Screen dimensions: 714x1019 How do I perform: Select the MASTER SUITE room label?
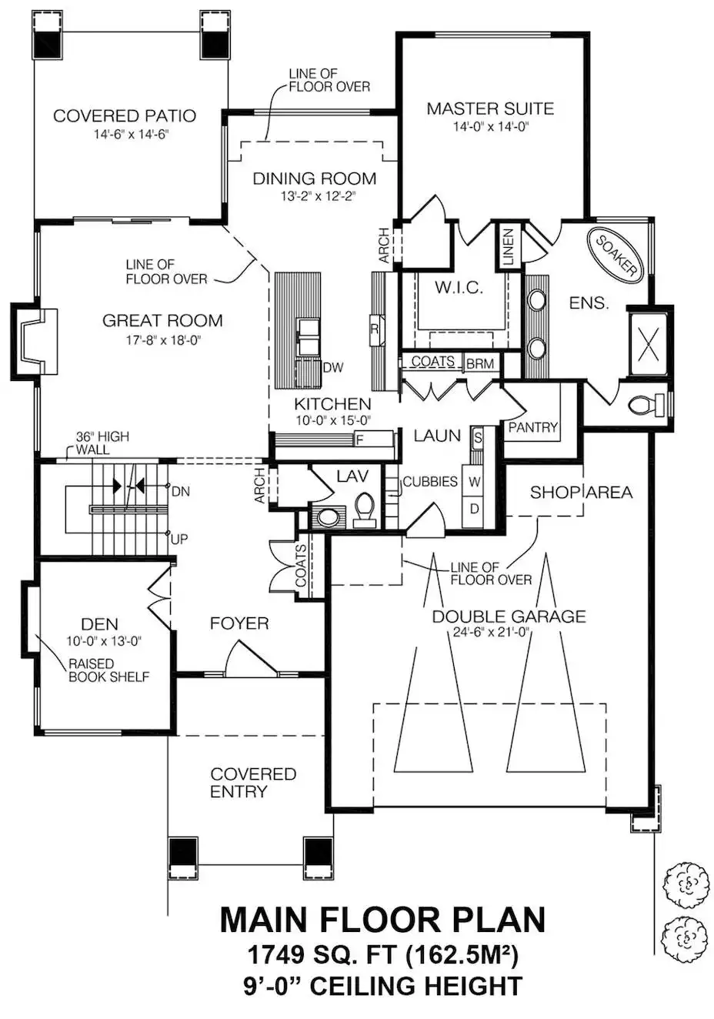pyautogui.click(x=490, y=109)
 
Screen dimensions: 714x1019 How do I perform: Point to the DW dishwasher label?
pyautogui.click(x=333, y=367)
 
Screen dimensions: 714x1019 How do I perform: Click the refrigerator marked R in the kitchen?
pyautogui.click(x=376, y=329)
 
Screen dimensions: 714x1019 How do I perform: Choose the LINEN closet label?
pyautogui.click(x=508, y=247)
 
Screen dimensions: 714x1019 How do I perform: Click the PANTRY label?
pyautogui.click(x=533, y=426)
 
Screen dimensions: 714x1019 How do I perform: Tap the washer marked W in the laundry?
pyautogui.click(x=474, y=481)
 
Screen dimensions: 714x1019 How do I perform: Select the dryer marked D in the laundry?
pyautogui.click(x=474, y=509)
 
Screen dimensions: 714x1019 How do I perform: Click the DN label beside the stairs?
pyautogui.click(x=181, y=492)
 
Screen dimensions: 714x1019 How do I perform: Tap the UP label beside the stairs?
pyautogui.click(x=179, y=540)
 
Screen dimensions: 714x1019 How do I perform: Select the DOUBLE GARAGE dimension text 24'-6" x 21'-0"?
pyautogui.click(x=492, y=632)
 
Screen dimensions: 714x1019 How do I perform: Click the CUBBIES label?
pyautogui.click(x=430, y=481)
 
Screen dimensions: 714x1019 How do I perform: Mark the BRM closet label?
pyautogui.click(x=480, y=363)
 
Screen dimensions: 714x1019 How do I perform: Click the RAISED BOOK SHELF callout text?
pyautogui.click(x=108, y=670)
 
